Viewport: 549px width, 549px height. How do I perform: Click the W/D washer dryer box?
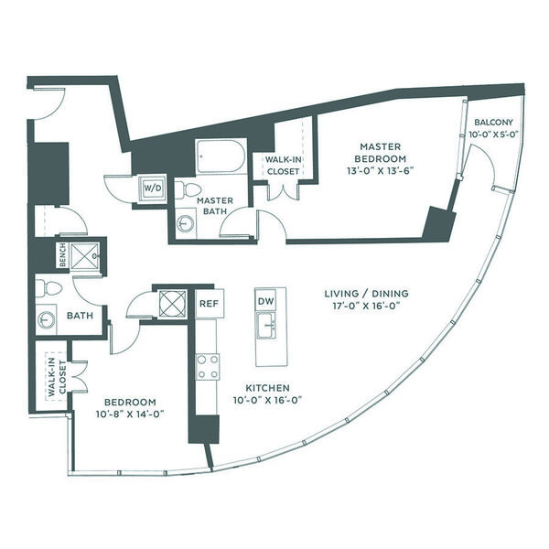pyautogui.click(x=153, y=188)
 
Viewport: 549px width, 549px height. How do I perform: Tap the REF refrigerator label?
pyautogui.click(x=209, y=304)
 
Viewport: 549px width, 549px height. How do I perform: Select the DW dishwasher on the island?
pyautogui.click(x=265, y=301)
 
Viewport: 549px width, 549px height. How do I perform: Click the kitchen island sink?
pyautogui.click(x=266, y=326)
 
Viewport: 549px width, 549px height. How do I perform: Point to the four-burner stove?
pyautogui.click(x=208, y=367)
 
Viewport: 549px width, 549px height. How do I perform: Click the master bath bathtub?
pyautogui.click(x=221, y=156)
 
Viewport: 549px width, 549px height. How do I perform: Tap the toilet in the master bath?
pyautogui.click(x=187, y=189)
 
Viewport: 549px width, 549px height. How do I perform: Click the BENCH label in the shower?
pyautogui.click(x=63, y=255)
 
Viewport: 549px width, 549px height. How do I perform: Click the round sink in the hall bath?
pyautogui.click(x=47, y=320)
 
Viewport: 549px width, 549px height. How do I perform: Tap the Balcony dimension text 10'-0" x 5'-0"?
pyautogui.click(x=493, y=135)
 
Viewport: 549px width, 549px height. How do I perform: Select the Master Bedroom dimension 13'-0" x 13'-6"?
pyautogui.click(x=380, y=170)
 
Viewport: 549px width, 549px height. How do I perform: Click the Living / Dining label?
pyautogui.click(x=366, y=294)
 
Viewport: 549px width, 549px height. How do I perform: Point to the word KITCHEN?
pyautogui.click(x=267, y=388)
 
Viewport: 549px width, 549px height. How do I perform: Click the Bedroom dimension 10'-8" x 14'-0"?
pyautogui.click(x=130, y=414)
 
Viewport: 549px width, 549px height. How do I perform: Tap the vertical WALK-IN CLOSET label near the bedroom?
pyautogui.click(x=57, y=377)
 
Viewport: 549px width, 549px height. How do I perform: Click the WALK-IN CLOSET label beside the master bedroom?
pyautogui.click(x=283, y=166)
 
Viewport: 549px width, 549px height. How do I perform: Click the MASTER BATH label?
pyautogui.click(x=215, y=206)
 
